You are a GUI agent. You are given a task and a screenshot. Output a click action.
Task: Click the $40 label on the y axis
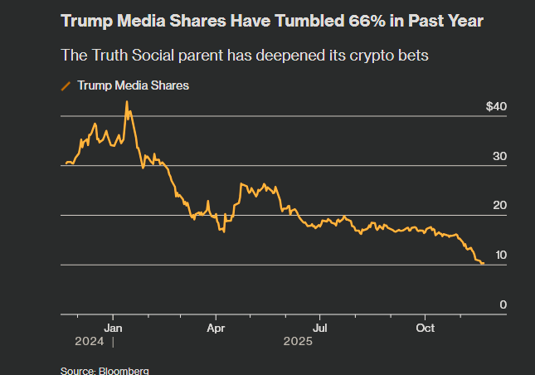coord(496,107)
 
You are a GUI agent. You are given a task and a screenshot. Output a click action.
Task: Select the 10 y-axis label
coord(501,256)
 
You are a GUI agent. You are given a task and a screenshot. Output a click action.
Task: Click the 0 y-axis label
coord(503,305)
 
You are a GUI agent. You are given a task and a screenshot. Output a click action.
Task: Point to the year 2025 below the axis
coord(297,341)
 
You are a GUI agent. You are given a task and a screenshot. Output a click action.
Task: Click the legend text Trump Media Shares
coord(134,85)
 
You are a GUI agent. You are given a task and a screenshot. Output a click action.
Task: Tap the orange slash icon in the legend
coord(66,85)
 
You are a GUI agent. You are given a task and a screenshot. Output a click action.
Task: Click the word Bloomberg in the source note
coord(125,370)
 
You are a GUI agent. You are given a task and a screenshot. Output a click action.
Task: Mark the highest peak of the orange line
coord(126,101)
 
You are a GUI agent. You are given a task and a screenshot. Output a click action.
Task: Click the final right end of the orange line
coord(484,264)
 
